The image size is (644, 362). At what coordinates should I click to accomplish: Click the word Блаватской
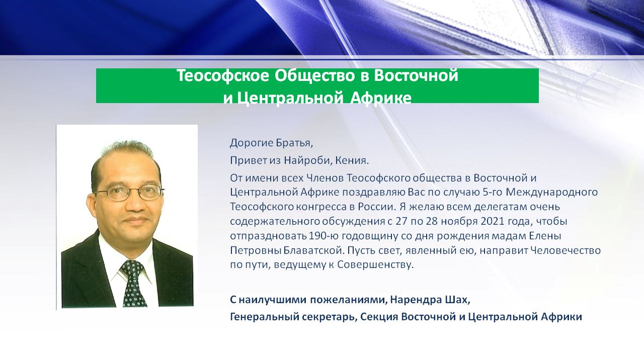(x=313, y=250)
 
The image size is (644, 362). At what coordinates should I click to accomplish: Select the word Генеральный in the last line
(x=261, y=317)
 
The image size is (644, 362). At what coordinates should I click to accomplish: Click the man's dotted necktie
(x=133, y=283)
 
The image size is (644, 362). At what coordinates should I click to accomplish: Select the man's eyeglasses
(x=129, y=192)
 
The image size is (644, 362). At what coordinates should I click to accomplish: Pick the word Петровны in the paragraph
(x=256, y=250)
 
